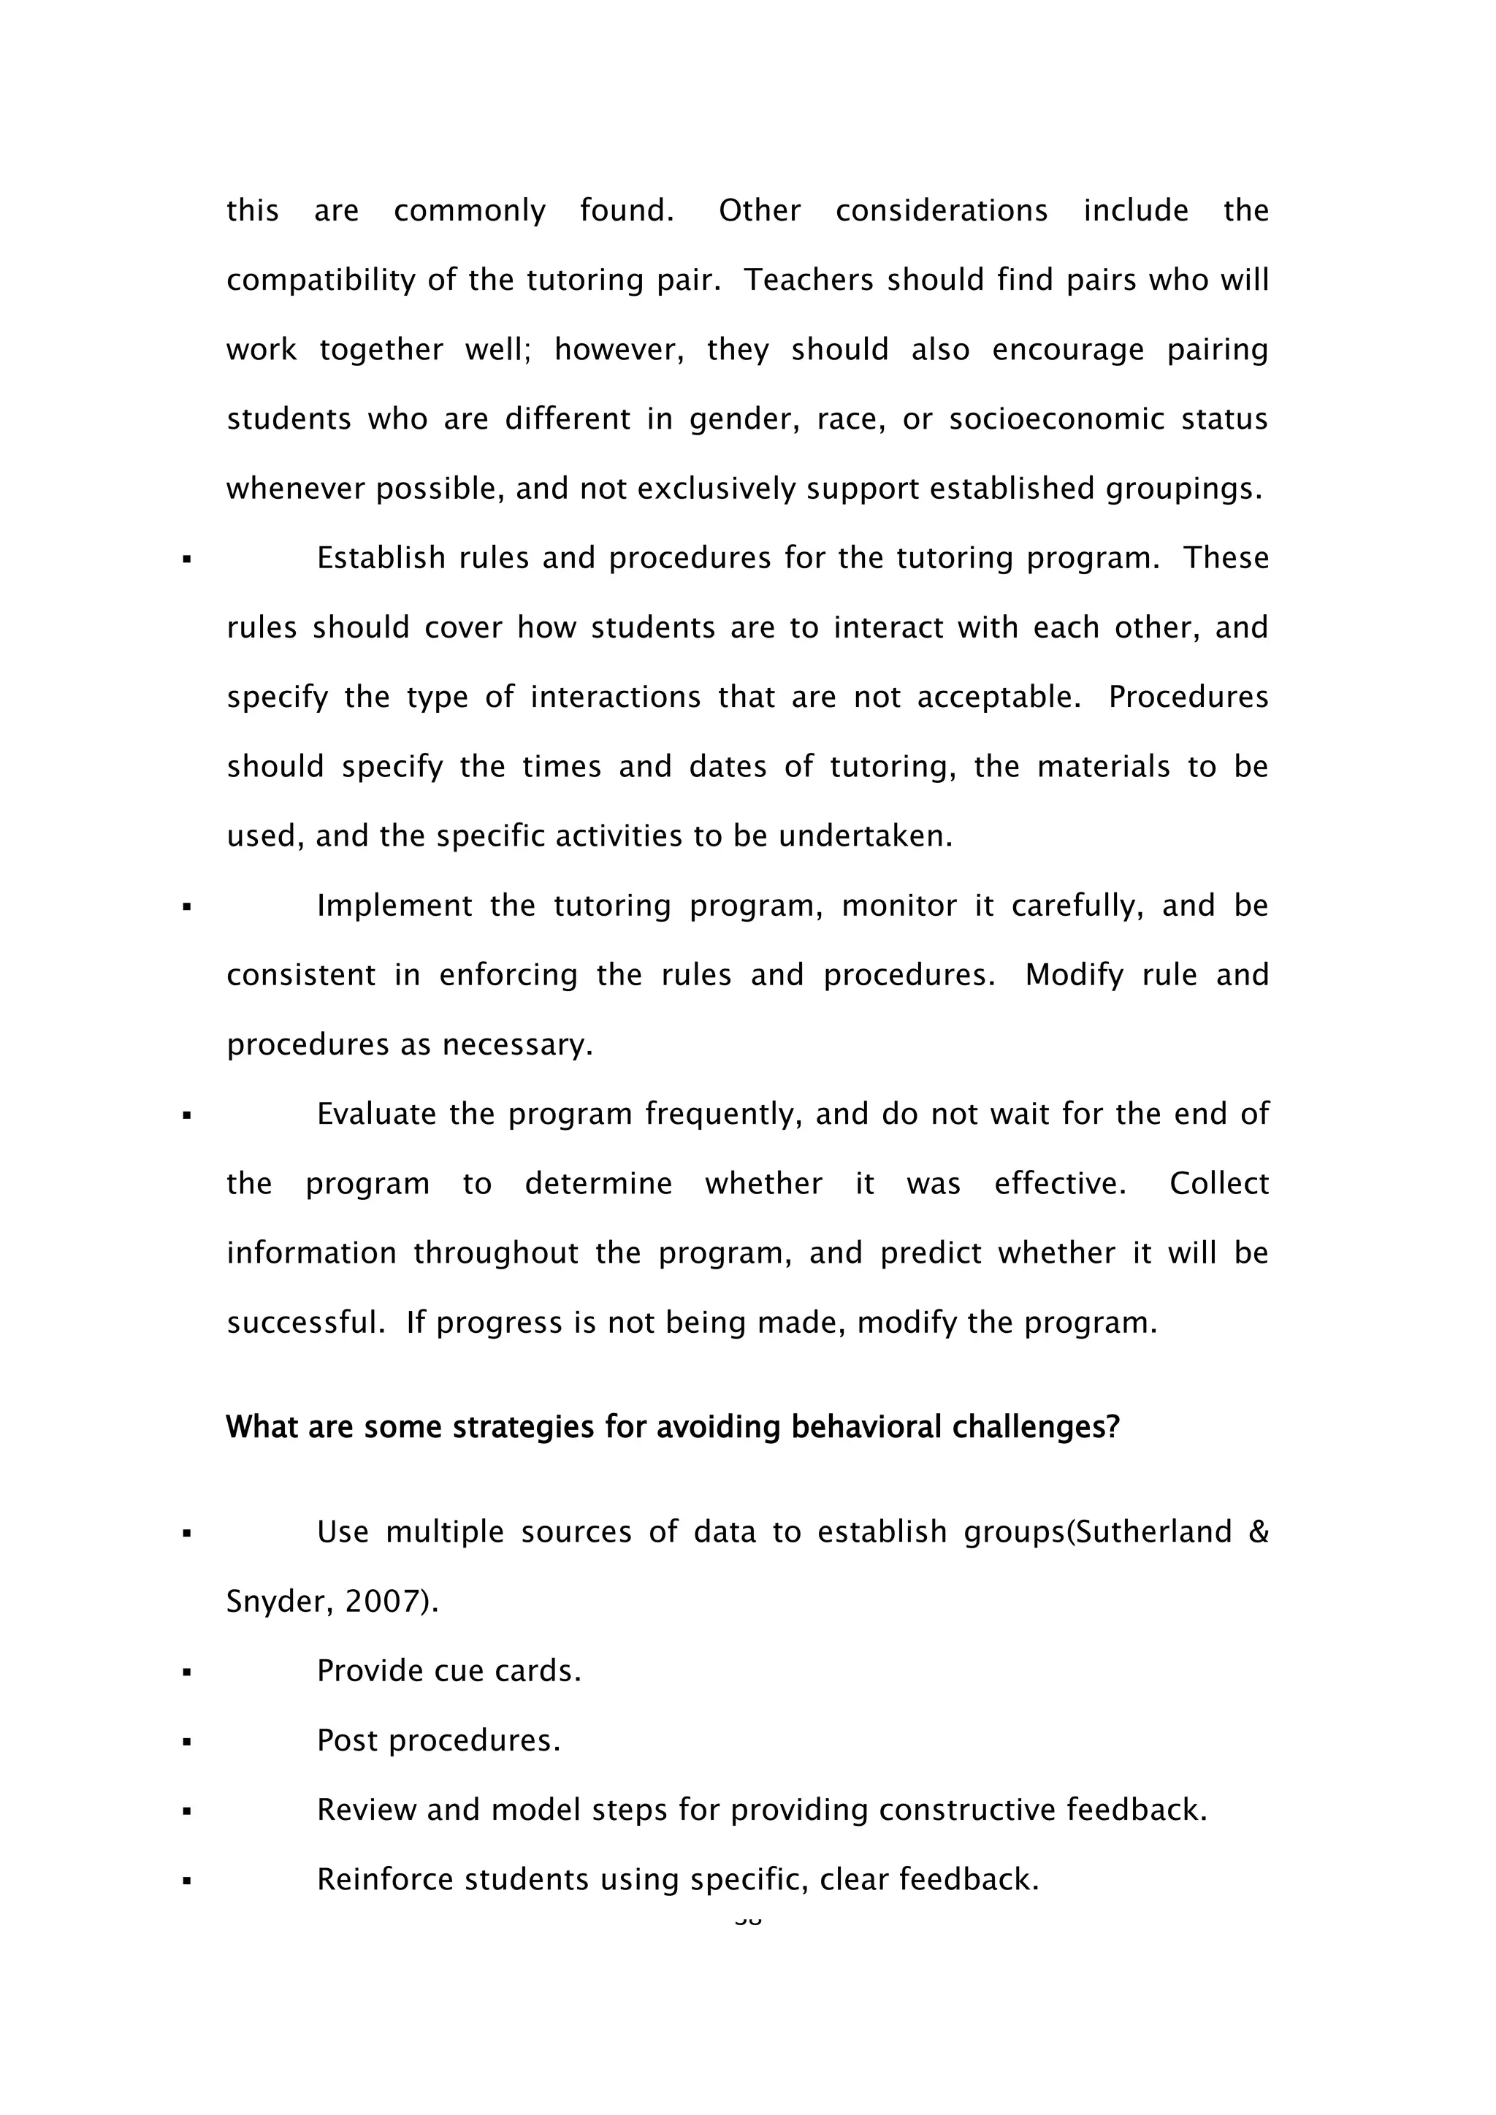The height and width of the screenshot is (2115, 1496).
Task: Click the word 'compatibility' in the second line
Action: (x=321, y=280)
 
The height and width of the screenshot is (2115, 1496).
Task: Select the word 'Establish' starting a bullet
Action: (x=381, y=558)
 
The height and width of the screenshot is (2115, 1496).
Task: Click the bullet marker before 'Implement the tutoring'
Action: (x=187, y=907)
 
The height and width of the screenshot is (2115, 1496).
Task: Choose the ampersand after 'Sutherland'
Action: (x=1259, y=1532)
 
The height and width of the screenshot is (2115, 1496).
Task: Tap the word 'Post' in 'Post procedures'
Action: (x=346, y=1740)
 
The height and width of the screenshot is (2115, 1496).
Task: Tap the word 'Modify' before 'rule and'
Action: (x=1073, y=976)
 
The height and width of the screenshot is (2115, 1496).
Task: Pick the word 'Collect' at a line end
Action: (x=1218, y=1184)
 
